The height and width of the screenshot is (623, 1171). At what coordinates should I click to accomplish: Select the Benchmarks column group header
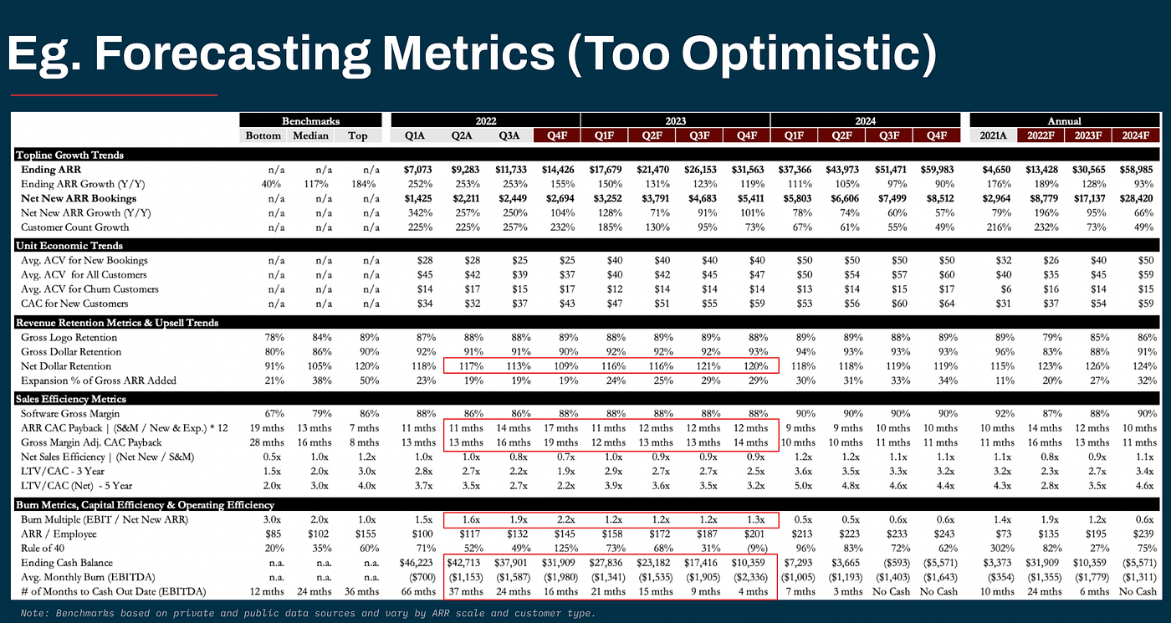(310, 121)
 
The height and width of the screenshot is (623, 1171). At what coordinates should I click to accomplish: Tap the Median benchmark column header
(310, 135)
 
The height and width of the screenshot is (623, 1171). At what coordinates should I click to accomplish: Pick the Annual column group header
(1065, 121)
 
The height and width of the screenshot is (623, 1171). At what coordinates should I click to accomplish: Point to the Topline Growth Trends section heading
(69, 156)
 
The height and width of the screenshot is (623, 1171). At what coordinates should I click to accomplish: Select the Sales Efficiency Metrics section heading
(71, 399)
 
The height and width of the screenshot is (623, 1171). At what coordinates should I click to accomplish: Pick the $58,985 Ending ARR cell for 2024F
(1137, 170)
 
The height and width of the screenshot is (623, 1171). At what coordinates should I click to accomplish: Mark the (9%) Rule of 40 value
(750, 549)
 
